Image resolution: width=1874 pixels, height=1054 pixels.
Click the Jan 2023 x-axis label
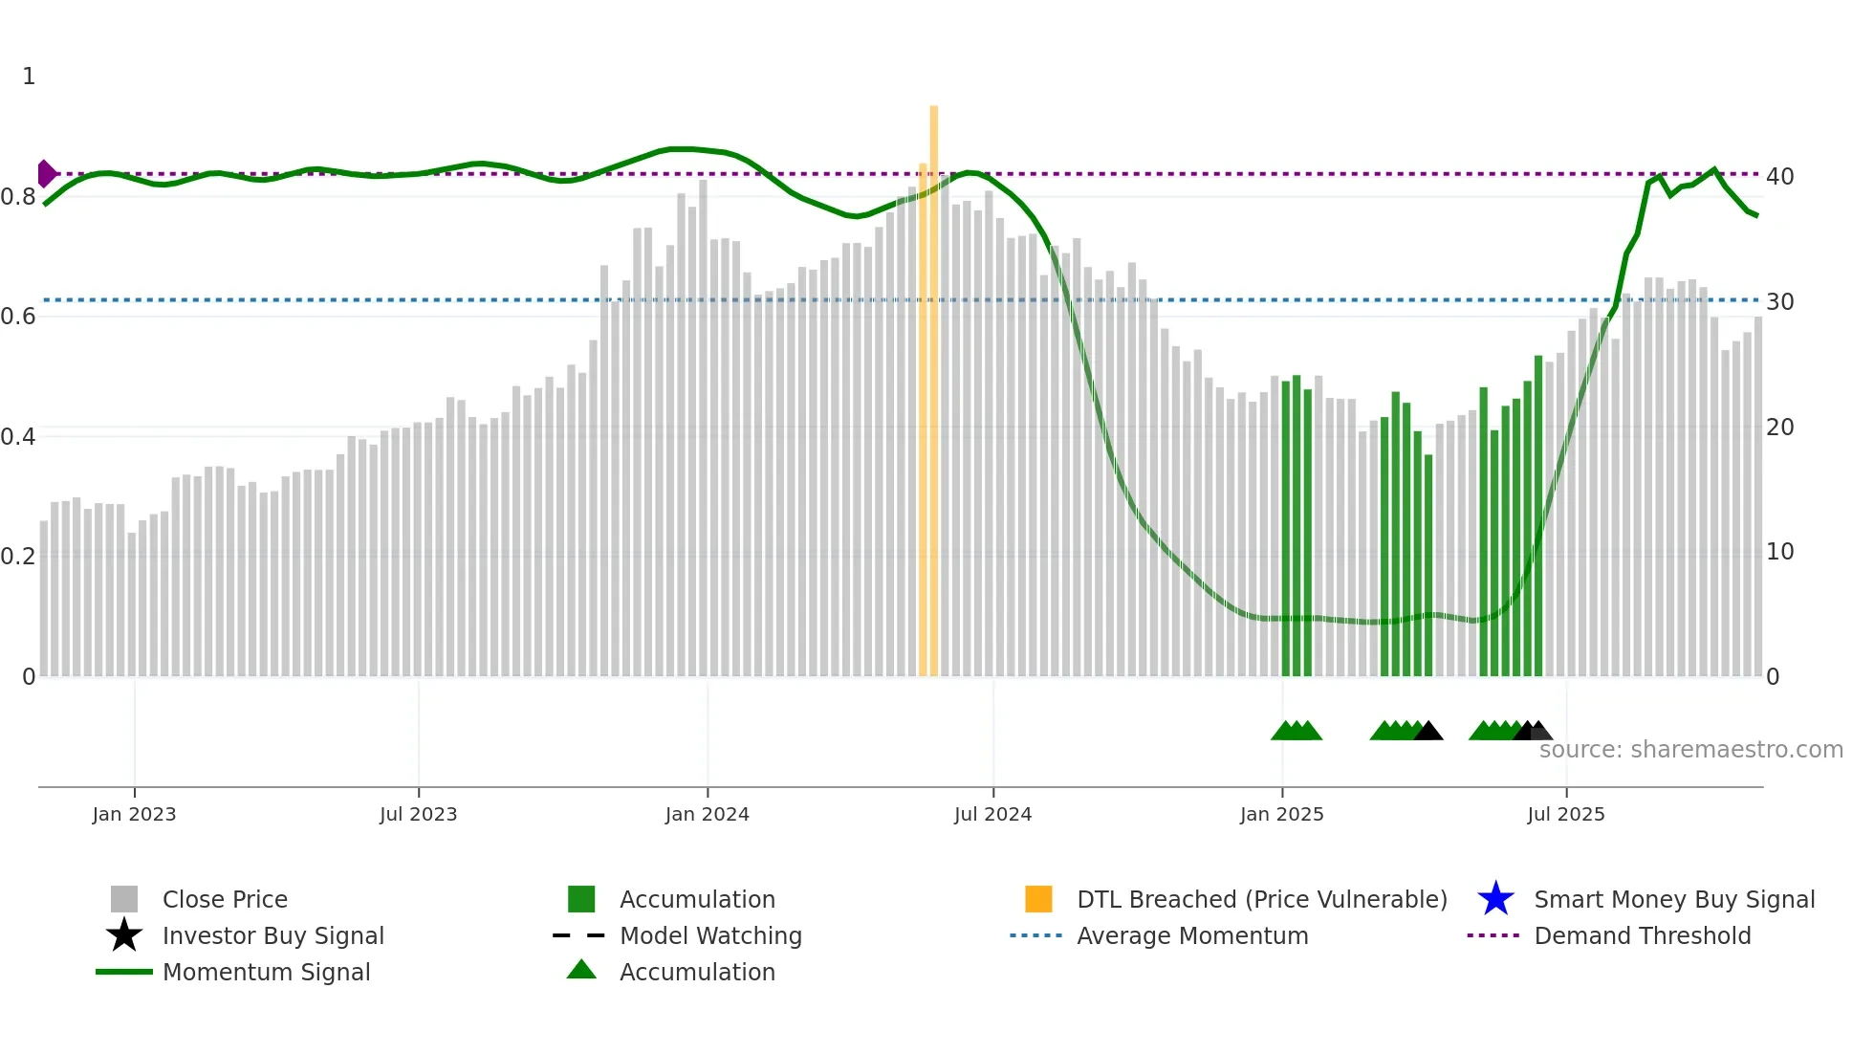coord(134,814)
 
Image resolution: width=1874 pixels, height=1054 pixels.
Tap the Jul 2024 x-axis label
coord(992,814)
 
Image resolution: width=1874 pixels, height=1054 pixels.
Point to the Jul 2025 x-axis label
coord(1565,814)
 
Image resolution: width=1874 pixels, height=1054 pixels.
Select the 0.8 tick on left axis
coord(19,197)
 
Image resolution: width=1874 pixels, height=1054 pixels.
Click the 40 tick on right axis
coord(1779,177)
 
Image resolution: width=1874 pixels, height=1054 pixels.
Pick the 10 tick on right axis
coord(1779,552)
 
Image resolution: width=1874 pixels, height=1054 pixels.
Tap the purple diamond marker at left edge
coord(46,174)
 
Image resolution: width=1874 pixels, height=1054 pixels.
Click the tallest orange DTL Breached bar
coord(933,383)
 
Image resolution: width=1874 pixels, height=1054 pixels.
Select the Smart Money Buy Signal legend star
coord(1495,899)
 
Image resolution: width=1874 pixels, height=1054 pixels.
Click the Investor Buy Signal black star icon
coord(124,935)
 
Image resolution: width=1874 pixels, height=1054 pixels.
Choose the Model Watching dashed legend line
coord(579,935)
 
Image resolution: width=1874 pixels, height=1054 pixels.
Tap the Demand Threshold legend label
coord(1642,935)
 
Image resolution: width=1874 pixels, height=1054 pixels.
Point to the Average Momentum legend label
coord(1192,935)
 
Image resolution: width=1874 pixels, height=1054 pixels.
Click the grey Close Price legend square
coord(124,899)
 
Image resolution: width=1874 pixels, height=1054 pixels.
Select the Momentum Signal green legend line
coord(124,972)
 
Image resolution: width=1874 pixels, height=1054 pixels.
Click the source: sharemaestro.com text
coord(1690,750)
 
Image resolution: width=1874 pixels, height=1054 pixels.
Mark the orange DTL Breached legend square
coord(1038,899)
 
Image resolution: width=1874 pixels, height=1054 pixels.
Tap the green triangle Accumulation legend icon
coord(581,971)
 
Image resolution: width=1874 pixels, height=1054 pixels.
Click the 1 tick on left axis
coord(29,77)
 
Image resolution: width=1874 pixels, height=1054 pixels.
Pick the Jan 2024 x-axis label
coord(707,814)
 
